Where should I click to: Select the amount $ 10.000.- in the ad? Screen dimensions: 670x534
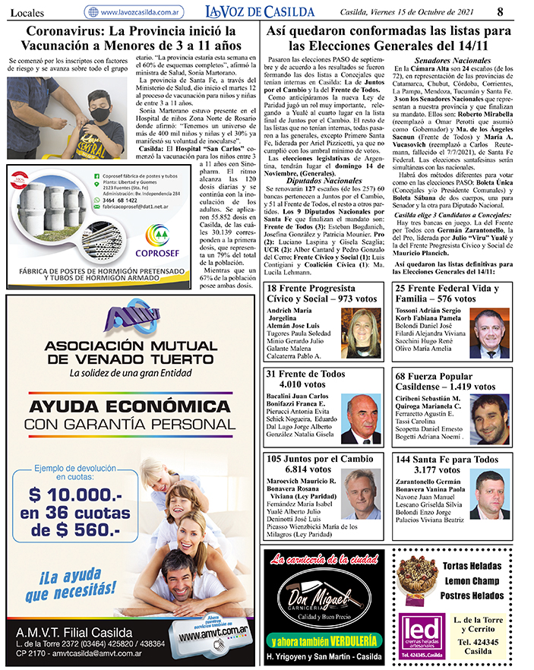pyautogui.click(x=76, y=496)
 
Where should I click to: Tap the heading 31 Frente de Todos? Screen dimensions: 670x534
pyautogui.click(x=305, y=374)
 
